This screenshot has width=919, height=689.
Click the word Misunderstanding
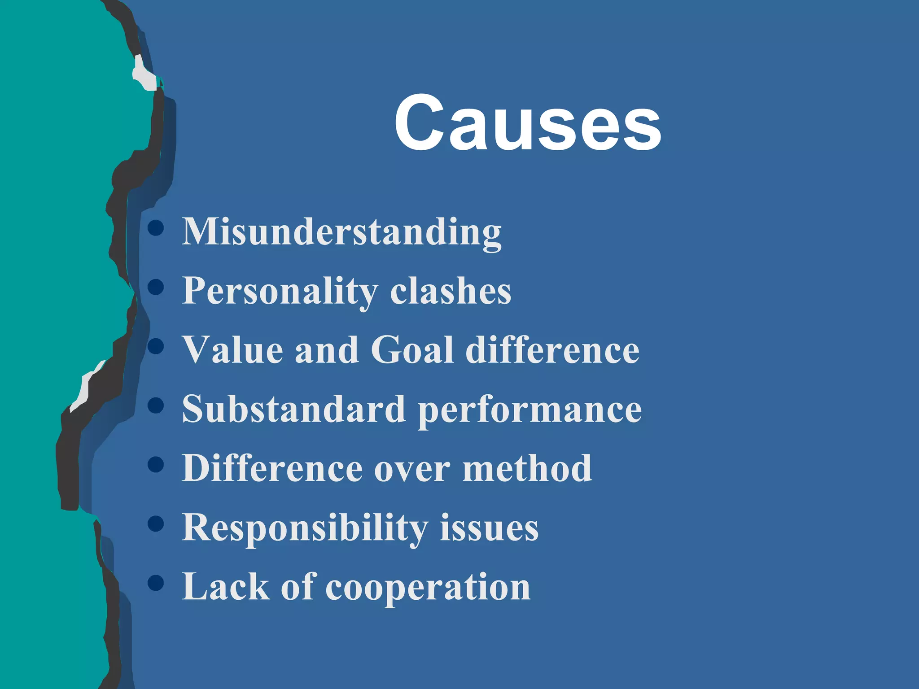pyautogui.click(x=341, y=232)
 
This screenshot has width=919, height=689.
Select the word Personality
pyautogui.click(x=280, y=291)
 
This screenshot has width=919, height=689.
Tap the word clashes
pyautogui.click(x=451, y=291)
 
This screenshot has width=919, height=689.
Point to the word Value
pyautogui.click(x=232, y=350)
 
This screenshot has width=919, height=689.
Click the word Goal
pyautogui.click(x=412, y=350)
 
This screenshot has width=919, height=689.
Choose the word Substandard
pyautogui.click(x=294, y=410)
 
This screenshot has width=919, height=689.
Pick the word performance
pyautogui.click(x=530, y=410)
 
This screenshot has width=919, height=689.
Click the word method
pyautogui.click(x=527, y=469)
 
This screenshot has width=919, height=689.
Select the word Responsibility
pyautogui.click(x=305, y=528)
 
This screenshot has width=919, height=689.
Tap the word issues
pyautogui.click(x=489, y=528)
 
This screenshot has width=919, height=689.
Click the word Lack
pyautogui.click(x=225, y=587)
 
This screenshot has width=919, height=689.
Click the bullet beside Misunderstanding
pyautogui.click(x=156, y=228)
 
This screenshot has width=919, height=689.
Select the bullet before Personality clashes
pyautogui.click(x=156, y=287)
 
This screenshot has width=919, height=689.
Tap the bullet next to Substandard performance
pyautogui.click(x=156, y=406)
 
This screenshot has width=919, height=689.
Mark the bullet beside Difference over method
pyautogui.click(x=156, y=465)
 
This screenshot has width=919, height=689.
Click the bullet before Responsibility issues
pyautogui.click(x=156, y=524)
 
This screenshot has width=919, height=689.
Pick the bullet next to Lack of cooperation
pyautogui.click(x=156, y=583)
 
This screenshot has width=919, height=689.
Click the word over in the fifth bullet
pyautogui.click(x=412, y=469)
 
